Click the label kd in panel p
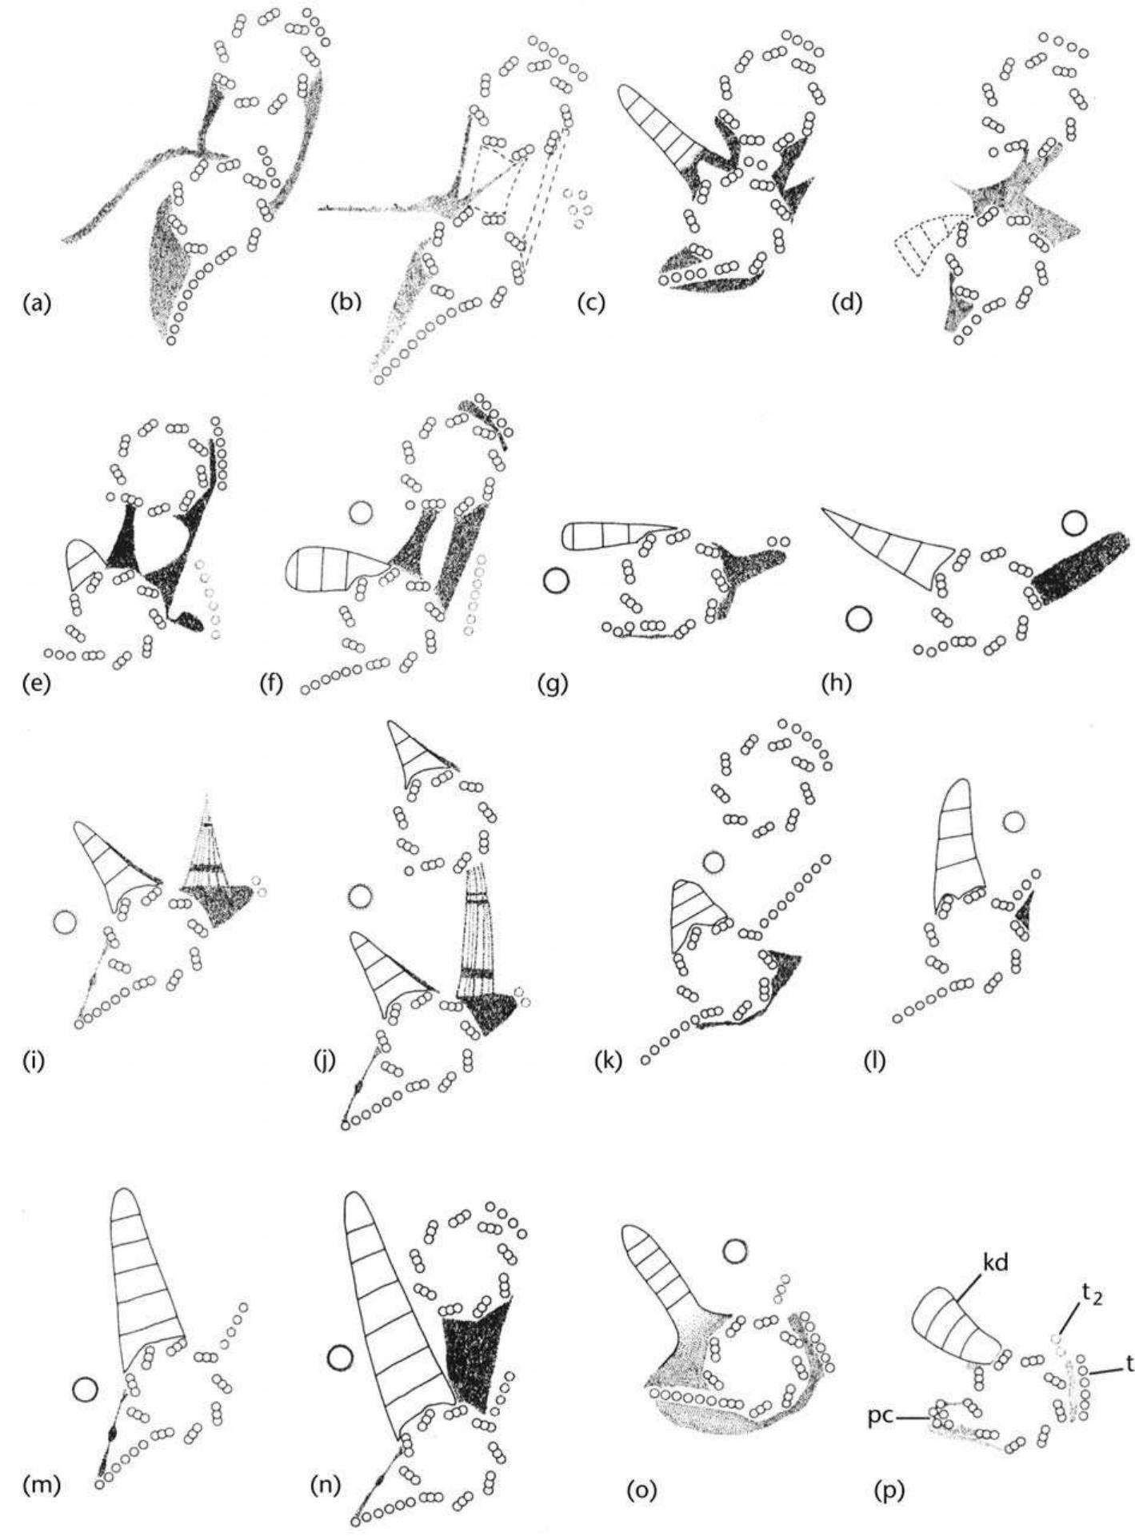click(971, 1264)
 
